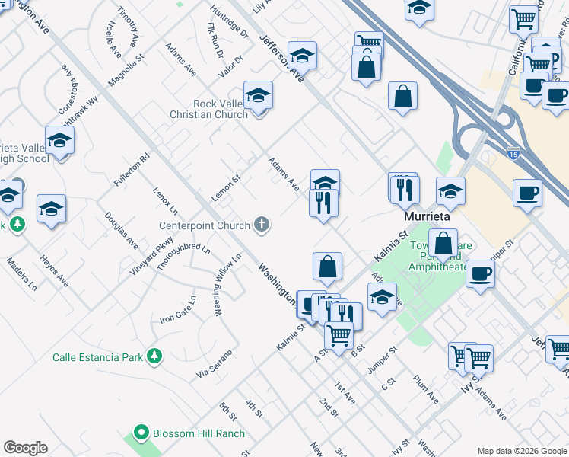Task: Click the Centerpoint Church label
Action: [x=204, y=225]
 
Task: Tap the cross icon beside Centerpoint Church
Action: [x=262, y=224]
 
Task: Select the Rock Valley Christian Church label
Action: [x=221, y=109]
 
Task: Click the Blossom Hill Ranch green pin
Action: [x=141, y=433]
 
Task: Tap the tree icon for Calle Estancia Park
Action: [x=154, y=356]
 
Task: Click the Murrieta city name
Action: [x=427, y=216]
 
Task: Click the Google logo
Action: [x=25, y=448]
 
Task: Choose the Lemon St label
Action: [x=225, y=188]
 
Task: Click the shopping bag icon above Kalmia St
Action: [x=327, y=267]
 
